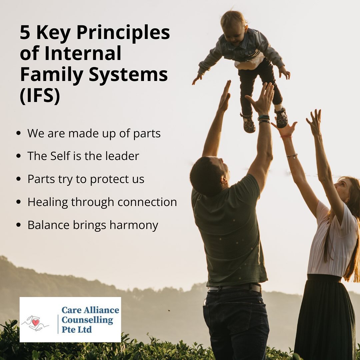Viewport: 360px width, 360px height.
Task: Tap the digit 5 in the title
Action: pyautogui.click(x=25, y=32)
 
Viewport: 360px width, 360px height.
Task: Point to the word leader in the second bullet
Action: pyautogui.click(x=122, y=156)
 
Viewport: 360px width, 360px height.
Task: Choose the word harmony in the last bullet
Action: pyautogui.click(x=134, y=225)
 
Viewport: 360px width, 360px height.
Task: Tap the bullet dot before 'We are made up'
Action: pyautogui.click(x=19, y=133)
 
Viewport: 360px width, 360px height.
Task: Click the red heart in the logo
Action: pyautogui.click(x=36, y=322)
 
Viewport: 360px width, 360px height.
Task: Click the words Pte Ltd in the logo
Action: pyautogui.click(x=77, y=330)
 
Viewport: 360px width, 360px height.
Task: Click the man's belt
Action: pyautogui.click(x=235, y=288)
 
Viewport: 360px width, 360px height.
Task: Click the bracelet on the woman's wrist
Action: pyautogui.click(x=292, y=156)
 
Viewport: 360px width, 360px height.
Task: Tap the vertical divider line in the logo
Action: pyautogui.click(x=58, y=324)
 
